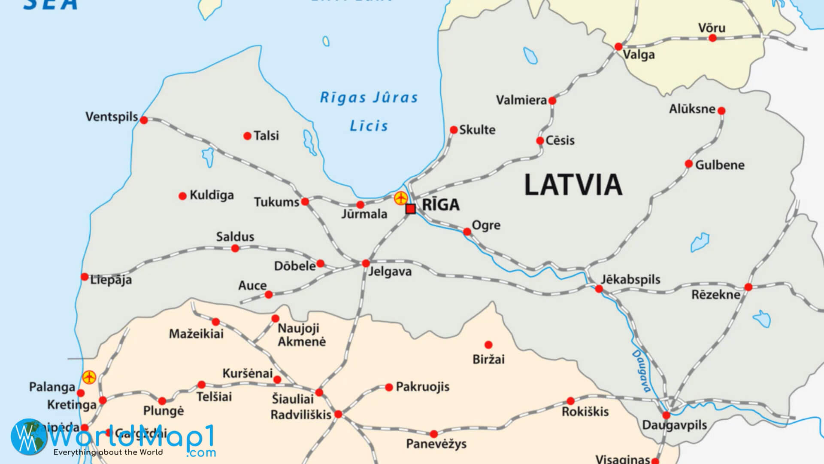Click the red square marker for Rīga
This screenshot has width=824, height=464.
410,209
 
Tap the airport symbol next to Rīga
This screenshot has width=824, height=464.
401,198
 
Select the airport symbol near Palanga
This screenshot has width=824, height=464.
89,377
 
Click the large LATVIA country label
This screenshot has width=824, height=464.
573,185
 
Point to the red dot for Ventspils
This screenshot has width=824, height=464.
144,120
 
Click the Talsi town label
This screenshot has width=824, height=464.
266,136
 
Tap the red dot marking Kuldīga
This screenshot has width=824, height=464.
182,196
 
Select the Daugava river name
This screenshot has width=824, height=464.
641,371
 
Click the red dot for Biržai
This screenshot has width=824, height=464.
488,345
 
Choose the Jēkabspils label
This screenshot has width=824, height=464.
630,279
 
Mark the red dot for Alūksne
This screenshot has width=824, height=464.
721,111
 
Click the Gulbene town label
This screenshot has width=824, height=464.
720,165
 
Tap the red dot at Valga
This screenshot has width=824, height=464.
618,46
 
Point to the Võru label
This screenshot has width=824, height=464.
712,28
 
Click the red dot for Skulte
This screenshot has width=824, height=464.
454,130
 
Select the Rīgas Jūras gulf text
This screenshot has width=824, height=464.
369,98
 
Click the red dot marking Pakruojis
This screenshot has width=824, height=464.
389,387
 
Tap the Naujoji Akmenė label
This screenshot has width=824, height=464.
301,335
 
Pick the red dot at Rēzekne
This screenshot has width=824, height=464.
748,287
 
